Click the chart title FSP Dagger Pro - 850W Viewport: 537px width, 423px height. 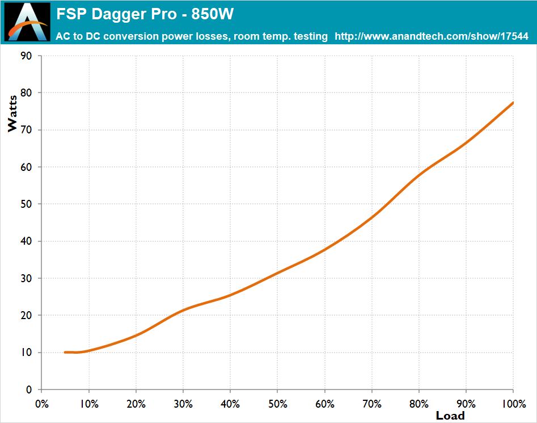pos(145,14)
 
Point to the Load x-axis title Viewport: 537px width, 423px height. pos(450,416)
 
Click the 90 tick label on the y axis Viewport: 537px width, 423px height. pos(27,56)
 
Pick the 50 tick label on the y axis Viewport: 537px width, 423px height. pos(27,204)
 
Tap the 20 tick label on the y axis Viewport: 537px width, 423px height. pos(27,315)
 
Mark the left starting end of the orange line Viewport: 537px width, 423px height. pos(65,353)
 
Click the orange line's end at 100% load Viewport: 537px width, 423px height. pos(513,103)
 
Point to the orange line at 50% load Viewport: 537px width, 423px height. pos(277,273)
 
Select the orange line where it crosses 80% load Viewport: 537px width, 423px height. pos(418,175)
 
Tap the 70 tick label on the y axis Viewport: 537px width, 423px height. pos(27,130)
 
